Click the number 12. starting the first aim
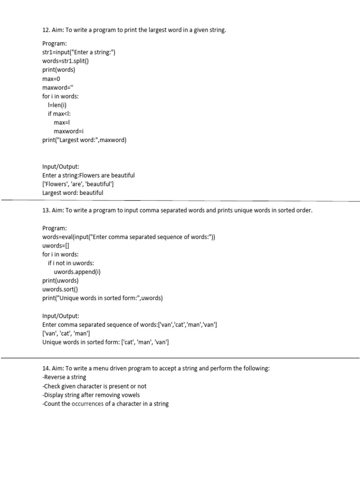tap(46, 30)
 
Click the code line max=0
tap(52, 79)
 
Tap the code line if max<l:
tap(59, 113)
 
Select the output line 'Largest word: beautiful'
tap(73, 193)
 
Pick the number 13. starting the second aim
tap(46, 210)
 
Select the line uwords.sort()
tap(60, 289)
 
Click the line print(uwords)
tap(60, 281)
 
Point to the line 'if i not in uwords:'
tap(74, 263)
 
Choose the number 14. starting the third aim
tap(46, 368)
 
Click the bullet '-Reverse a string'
tap(64, 377)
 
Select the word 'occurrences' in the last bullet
tap(88, 404)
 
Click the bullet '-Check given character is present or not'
tap(94, 386)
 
